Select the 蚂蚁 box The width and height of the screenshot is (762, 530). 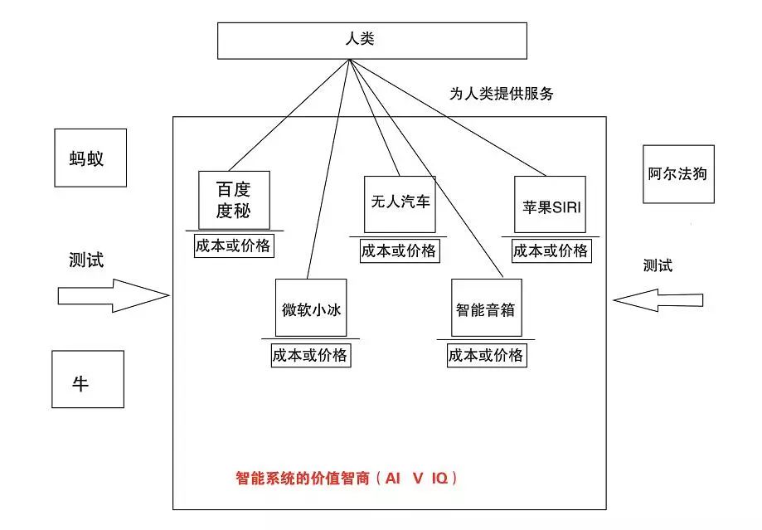(90, 157)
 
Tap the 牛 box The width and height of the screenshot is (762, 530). (87, 379)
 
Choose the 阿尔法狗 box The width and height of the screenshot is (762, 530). (677, 174)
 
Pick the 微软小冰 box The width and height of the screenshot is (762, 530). (311, 309)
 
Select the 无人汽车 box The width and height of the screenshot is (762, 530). (399, 204)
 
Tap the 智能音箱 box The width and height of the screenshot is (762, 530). (486, 308)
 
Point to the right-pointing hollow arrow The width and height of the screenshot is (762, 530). (113, 295)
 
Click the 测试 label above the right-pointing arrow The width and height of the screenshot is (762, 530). (86, 260)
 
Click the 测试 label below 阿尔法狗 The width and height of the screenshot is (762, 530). (658, 265)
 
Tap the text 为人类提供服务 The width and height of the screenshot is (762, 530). (501, 94)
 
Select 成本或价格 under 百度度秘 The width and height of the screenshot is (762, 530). (233, 246)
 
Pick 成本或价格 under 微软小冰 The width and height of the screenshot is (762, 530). (310, 356)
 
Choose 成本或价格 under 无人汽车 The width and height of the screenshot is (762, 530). (399, 251)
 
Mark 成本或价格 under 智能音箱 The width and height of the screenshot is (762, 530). (486, 356)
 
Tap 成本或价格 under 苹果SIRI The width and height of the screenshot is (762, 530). (550, 251)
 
